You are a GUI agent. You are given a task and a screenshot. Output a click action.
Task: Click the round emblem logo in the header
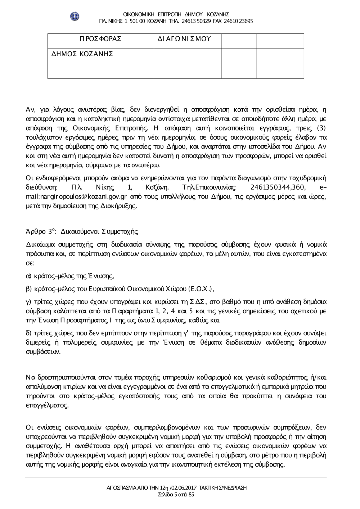coord(75,16)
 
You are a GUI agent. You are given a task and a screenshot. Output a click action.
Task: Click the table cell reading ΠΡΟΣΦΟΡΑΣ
coord(100,39)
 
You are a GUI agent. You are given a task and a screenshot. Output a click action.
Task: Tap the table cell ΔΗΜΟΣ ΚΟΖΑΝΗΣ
coord(82,54)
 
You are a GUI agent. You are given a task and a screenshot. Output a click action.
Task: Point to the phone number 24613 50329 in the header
coord(198,21)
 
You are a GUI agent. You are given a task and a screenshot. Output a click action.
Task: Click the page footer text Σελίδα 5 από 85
coord(176,495)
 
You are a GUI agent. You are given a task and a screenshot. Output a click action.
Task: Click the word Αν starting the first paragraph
coord(30,109)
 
